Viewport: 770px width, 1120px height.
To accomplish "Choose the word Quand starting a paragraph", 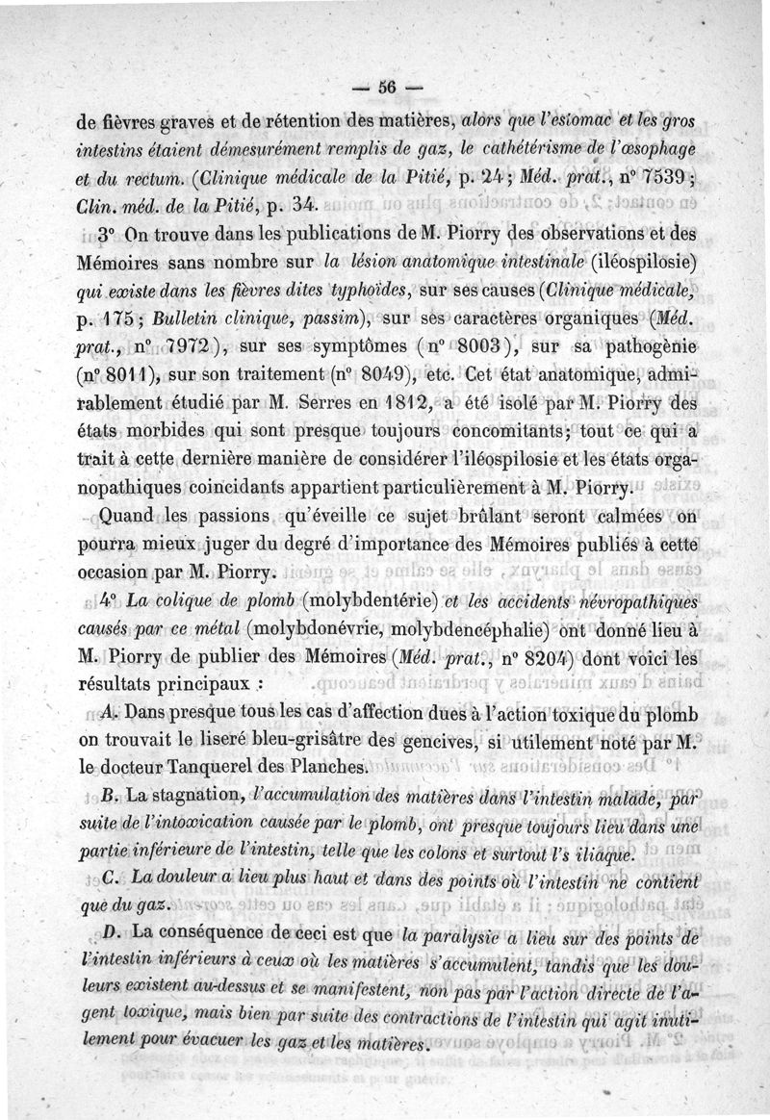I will click(x=133, y=515).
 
